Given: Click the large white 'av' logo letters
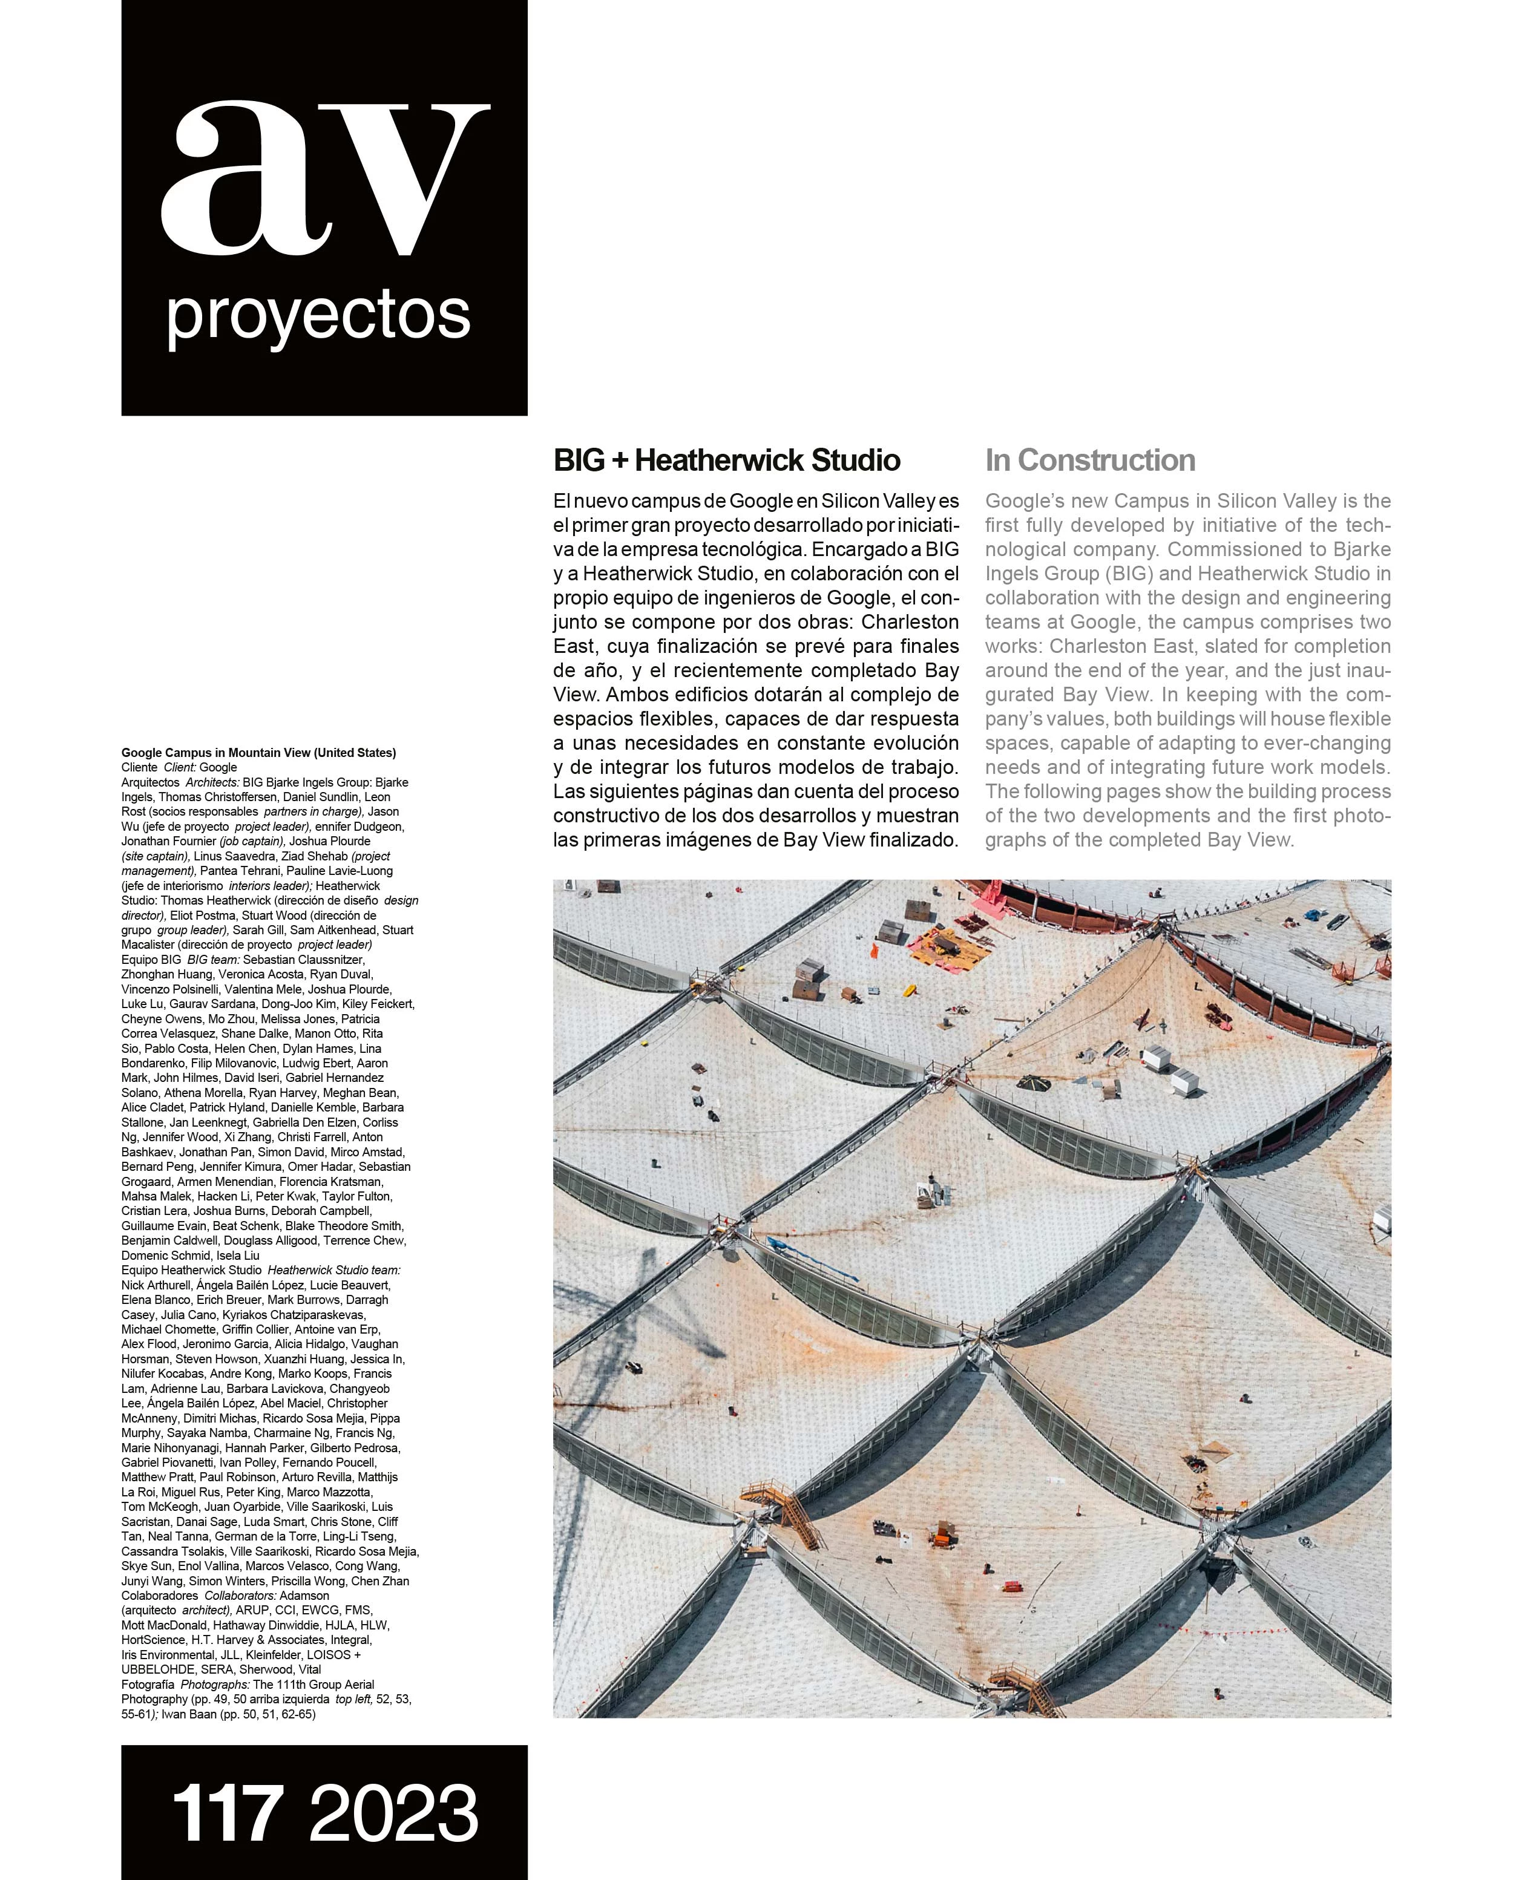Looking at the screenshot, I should [x=324, y=179].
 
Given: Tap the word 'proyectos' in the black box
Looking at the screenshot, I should [x=319, y=316].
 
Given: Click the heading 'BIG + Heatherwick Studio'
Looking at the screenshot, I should [x=726, y=460].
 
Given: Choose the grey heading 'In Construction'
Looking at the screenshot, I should [x=1090, y=460].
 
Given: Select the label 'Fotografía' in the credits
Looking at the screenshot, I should [x=148, y=1685].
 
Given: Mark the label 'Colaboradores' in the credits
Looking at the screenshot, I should [x=160, y=1596].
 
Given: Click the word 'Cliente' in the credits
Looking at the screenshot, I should [x=140, y=767].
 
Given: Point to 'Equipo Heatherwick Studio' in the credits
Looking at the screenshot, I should [x=191, y=1271].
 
